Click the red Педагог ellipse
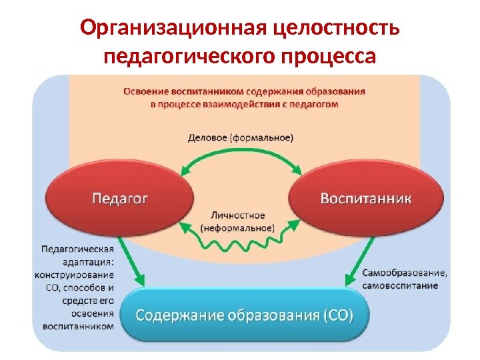[119, 198]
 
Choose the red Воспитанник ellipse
[366, 198]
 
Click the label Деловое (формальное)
[240, 139]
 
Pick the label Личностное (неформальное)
[237, 222]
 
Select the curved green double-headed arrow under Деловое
[241, 157]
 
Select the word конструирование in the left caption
[77, 275]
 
